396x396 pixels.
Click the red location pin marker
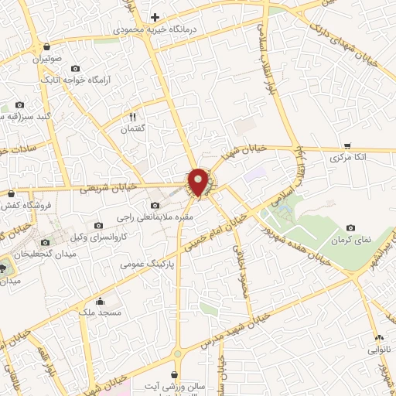click(199, 181)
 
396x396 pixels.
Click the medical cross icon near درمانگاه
click(155, 17)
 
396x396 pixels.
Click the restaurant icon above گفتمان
click(133, 117)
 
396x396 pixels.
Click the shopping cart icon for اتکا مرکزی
click(348, 145)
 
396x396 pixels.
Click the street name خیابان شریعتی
click(112, 186)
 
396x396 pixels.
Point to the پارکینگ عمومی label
click(145, 263)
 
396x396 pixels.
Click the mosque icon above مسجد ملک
click(99, 301)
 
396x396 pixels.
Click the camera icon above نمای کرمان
click(350, 227)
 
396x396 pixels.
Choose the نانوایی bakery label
click(377, 350)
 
